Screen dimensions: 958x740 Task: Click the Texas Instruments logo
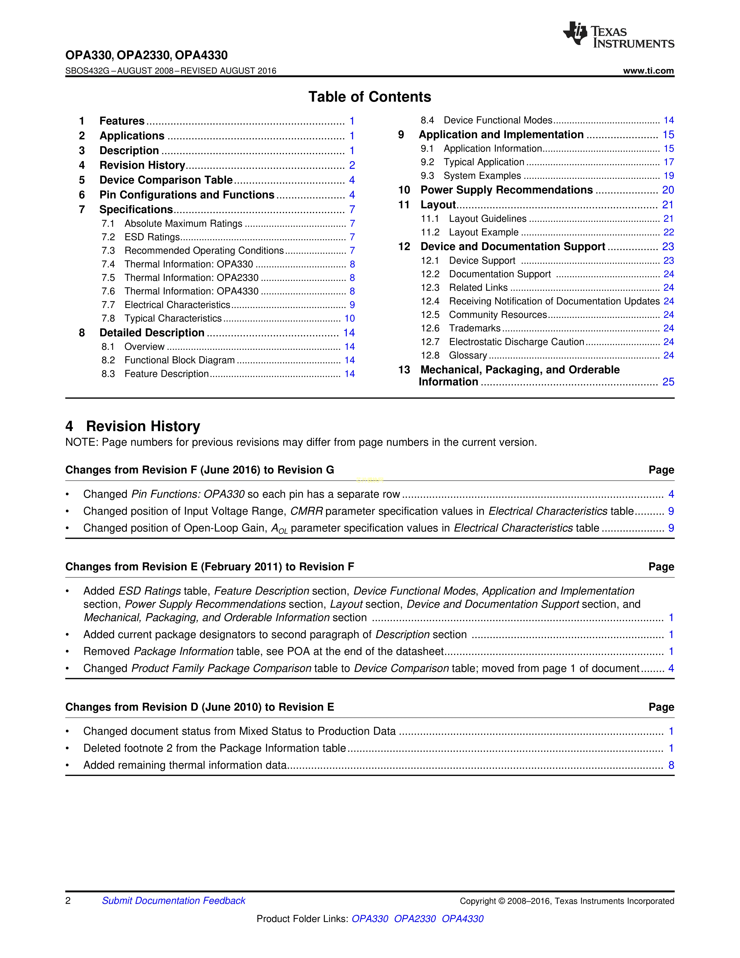tap(618, 35)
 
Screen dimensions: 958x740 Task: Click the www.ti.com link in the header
tap(648, 71)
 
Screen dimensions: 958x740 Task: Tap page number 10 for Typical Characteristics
tap(349, 318)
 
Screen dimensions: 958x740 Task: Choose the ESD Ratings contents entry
tap(152, 237)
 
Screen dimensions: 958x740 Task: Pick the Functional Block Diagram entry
tap(179, 360)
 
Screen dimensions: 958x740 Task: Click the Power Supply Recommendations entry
tap(506, 190)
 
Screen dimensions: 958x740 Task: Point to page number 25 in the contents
tap(668, 382)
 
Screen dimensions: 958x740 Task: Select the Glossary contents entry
tap(468, 355)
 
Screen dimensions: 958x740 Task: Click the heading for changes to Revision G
tap(199, 470)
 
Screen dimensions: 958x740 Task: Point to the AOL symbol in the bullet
tap(279, 529)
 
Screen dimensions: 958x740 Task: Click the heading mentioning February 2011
tap(210, 567)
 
